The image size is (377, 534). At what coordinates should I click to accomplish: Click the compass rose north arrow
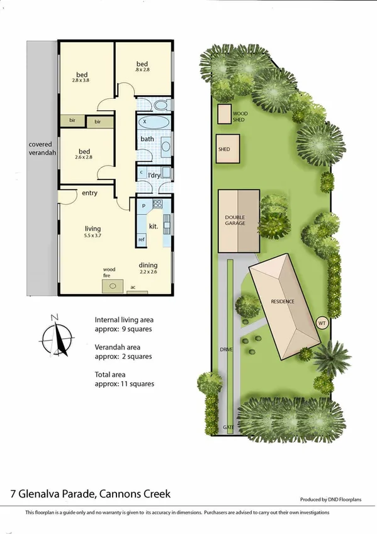[x=59, y=333]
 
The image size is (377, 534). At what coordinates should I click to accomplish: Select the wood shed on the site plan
[x=224, y=114]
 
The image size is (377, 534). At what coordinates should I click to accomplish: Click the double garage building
[x=239, y=220]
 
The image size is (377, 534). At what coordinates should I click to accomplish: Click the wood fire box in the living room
[x=112, y=287]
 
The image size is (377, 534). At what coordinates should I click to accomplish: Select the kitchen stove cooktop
[x=157, y=204]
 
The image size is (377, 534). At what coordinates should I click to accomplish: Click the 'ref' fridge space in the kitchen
[x=141, y=239]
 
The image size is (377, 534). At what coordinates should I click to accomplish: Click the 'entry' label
[x=89, y=193]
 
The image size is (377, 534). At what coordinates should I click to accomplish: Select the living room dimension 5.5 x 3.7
[x=93, y=236]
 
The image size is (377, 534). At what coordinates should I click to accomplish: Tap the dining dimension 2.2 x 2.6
[x=148, y=273]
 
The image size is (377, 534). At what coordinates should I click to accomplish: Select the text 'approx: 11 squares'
[x=124, y=383]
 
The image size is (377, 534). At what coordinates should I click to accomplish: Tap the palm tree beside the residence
[x=332, y=358]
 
